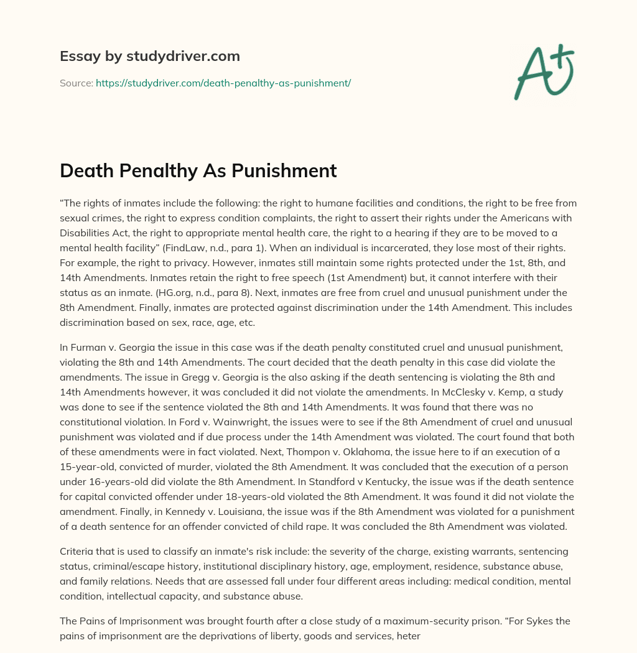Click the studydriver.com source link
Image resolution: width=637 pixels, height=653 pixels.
(223, 83)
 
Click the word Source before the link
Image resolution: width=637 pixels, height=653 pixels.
(76, 83)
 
